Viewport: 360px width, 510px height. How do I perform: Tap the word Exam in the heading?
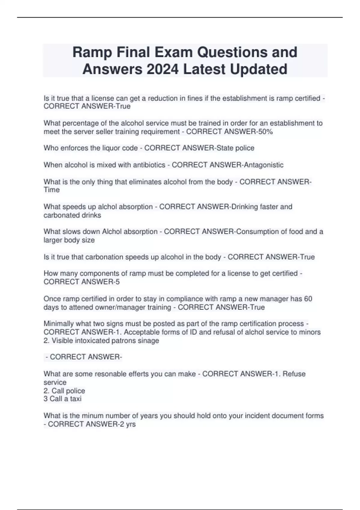coord(174,52)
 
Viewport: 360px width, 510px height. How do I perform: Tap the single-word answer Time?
coord(52,190)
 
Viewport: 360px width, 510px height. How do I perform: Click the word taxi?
coord(76,399)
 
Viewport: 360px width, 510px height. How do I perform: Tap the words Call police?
coord(68,391)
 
